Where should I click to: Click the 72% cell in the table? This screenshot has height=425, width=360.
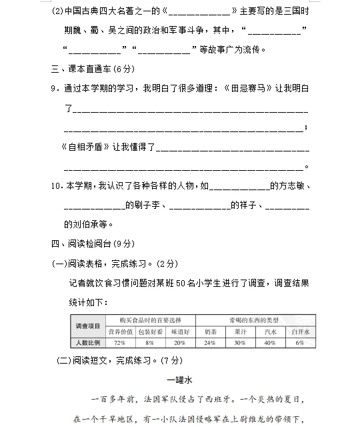120,342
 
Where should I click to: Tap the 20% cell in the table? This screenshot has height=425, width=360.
180,342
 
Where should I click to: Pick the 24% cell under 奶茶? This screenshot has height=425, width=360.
210,342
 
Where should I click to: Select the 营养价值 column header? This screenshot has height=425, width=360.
120,331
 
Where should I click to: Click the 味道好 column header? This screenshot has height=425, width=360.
180,331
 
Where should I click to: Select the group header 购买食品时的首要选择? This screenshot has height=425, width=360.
150,320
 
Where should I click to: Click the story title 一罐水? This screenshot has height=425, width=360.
179,380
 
